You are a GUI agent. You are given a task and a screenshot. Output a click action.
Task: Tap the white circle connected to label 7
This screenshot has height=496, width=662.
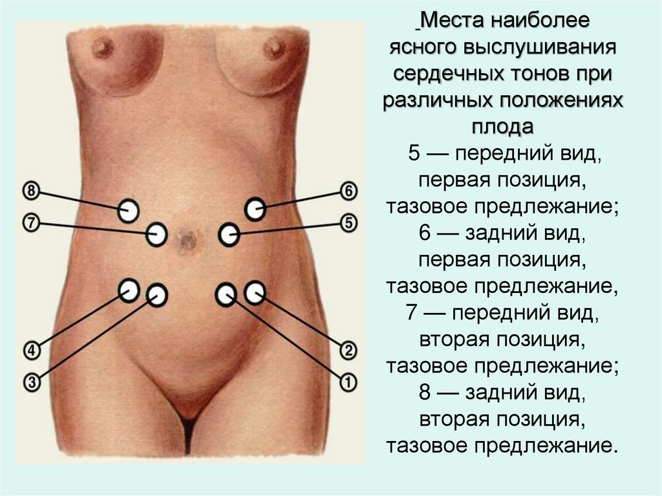(156, 233)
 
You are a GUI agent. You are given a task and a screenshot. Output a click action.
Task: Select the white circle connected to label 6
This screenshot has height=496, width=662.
(255, 210)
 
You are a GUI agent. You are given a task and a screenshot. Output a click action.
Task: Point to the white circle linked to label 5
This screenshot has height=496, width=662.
(228, 234)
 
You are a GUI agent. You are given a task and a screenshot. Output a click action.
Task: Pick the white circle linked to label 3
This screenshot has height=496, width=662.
(156, 295)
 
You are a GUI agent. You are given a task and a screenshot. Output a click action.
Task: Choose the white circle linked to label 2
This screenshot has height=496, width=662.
(255, 292)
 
